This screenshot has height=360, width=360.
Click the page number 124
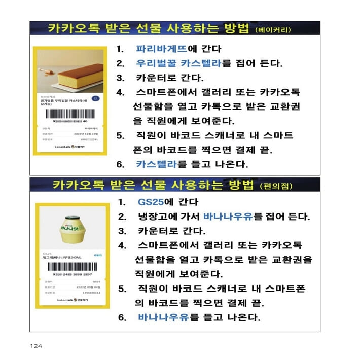click(35, 346)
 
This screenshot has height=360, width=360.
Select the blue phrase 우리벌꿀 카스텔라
click(179, 64)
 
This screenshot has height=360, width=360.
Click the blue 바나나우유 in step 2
click(228, 217)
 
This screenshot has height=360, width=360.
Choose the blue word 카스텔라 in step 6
click(156, 164)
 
